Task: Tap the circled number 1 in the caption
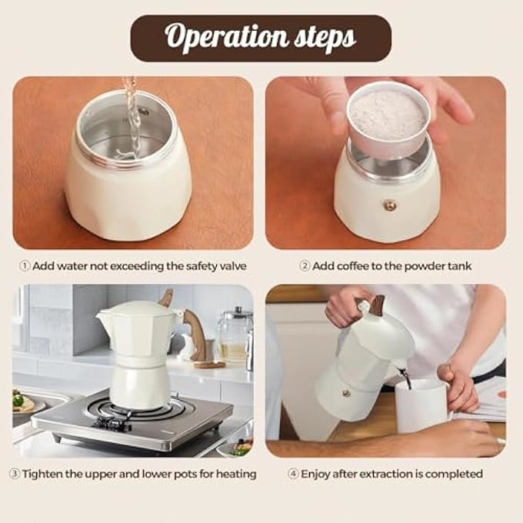click(25, 266)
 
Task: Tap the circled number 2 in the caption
click(305, 266)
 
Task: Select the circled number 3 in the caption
click(14, 474)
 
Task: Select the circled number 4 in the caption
click(293, 474)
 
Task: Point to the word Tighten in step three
click(44, 474)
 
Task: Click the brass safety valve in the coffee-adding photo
click(390, 205)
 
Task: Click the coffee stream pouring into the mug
click(405, 377)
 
